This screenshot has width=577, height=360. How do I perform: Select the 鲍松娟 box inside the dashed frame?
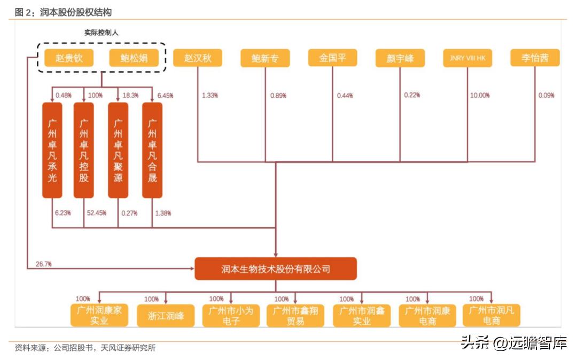click(134, 58)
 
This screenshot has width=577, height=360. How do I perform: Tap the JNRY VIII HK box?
click(467, 58)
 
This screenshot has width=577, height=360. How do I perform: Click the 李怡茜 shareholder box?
click(535, 58)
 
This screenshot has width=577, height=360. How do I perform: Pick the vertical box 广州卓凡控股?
click(84, 150)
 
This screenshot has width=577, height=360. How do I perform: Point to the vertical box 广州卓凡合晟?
click(152, 150)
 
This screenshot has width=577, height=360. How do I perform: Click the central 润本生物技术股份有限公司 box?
click(275, 269)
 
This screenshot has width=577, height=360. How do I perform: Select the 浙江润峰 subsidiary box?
click(166, 316)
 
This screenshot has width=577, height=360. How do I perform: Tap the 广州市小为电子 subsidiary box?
click(231, 316)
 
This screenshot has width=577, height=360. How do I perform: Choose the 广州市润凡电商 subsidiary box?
click(492, 316)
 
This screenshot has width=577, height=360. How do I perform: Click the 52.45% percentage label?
click(96, 213)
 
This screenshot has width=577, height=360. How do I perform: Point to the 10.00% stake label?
click(479, 96)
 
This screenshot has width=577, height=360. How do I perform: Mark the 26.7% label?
click(43, 264)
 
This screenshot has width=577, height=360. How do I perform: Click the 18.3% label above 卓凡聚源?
click(130, 96)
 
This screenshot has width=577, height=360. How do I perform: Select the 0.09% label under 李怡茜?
click(547, 96)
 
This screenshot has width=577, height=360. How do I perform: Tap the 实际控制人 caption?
click(101, 33)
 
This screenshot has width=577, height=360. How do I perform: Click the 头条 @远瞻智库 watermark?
click(513, 342)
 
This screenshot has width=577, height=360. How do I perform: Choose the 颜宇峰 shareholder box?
click(400, 58)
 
